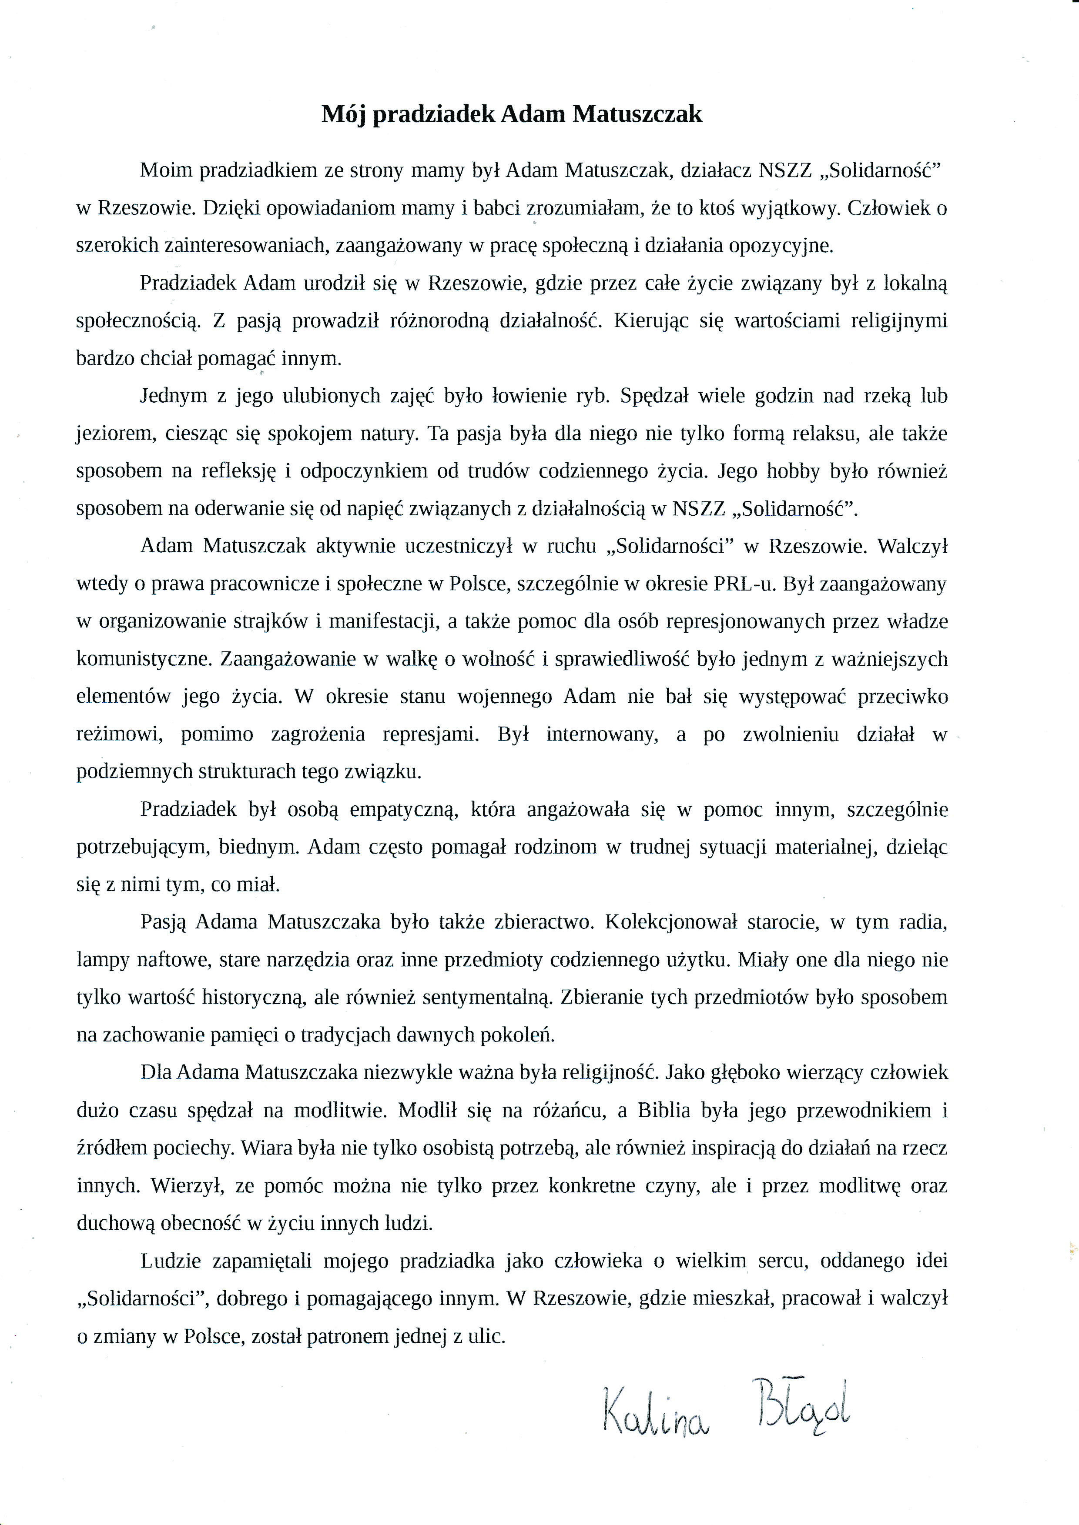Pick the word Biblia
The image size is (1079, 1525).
pos(664,1111)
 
